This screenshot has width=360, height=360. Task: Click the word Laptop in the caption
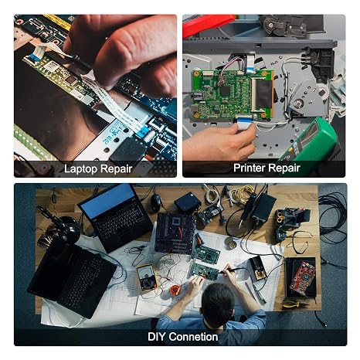[80, 169]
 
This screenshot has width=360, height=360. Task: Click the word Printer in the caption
[250, 168]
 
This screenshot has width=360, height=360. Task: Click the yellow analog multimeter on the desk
[146, 277]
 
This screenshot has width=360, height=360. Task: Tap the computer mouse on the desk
[155, 202]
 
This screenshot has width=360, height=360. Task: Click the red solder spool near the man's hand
[175, 290]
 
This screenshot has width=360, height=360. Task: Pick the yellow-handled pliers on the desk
[293, 304]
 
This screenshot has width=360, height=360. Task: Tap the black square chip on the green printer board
[226, 90]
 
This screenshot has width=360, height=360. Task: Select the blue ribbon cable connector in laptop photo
[142, 133]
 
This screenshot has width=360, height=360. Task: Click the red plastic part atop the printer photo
[208, 25]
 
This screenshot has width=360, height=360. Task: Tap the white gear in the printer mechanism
[324, 91]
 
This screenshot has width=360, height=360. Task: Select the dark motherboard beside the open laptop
[176, 233]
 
